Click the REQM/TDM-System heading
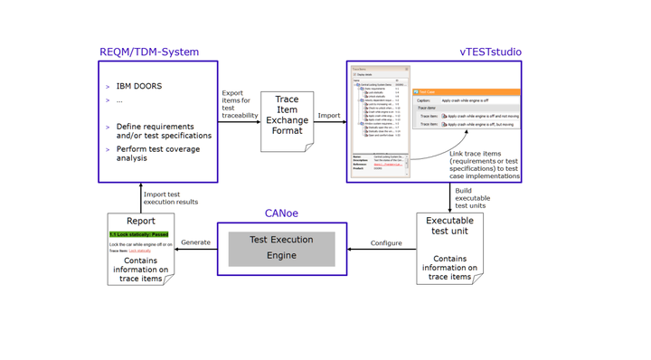[149, 52]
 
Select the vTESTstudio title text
[490, 52]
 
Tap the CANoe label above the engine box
[281, 213]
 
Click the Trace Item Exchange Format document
[287, 120]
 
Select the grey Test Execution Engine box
[281, 248]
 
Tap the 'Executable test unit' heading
[449, 225]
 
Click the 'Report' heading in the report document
[140, 221]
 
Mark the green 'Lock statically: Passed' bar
[139, 234]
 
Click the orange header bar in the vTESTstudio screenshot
[466, 92]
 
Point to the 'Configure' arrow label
[386, 242]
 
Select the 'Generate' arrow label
[195, 242]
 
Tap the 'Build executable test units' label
[473, 198]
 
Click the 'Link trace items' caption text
[484, 165]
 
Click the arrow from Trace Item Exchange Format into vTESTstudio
[330, 121]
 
